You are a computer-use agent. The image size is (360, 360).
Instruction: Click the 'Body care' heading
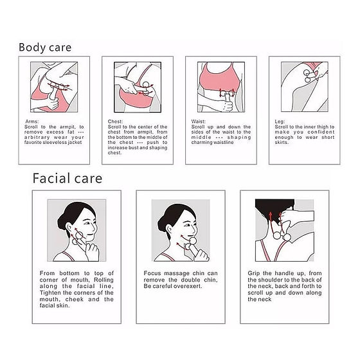pos(45,48)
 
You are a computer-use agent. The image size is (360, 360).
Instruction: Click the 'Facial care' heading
pos(67,179)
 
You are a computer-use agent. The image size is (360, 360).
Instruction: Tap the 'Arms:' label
pos(32,122)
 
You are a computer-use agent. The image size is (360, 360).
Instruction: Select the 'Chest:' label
pos(115,122)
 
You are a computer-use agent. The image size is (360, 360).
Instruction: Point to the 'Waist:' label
pos(199,122)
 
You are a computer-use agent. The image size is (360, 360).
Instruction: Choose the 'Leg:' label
pos(280,122)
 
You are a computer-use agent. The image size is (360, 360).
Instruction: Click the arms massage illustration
pos(54,87)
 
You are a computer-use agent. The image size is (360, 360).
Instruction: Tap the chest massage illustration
pos(138,87)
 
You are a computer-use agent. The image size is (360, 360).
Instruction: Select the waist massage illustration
pos(221,87)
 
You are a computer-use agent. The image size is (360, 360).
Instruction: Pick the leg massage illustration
pos(305,87)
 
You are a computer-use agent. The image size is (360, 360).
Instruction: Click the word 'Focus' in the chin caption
pos(152,273)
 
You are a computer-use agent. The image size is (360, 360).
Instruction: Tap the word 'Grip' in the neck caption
pos(254,273)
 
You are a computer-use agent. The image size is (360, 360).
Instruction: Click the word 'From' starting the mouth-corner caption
pos(47,273)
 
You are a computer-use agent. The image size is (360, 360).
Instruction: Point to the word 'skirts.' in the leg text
pos(282,142)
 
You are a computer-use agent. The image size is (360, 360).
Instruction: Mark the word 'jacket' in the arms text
pos(75,142)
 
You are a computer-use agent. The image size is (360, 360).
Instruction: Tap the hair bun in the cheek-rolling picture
pos(62,222)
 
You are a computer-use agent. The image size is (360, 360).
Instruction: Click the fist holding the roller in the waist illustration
pos(228,106)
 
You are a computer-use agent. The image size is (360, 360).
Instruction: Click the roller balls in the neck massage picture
pos(282,236)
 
